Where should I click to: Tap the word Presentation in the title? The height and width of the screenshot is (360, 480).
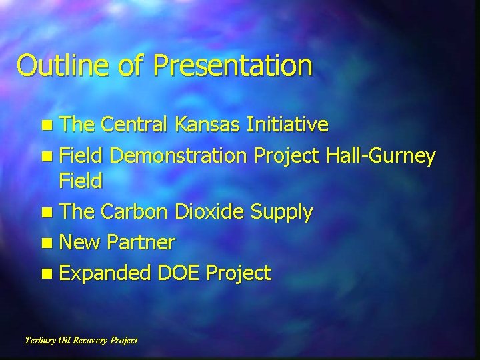(233, 66)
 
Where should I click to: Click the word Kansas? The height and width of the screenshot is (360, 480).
(208, 125)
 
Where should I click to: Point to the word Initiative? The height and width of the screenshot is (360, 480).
(287, 125)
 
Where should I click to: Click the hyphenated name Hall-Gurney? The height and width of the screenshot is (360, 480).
(381, 157)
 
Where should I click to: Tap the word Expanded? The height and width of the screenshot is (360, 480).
(105, 273)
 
